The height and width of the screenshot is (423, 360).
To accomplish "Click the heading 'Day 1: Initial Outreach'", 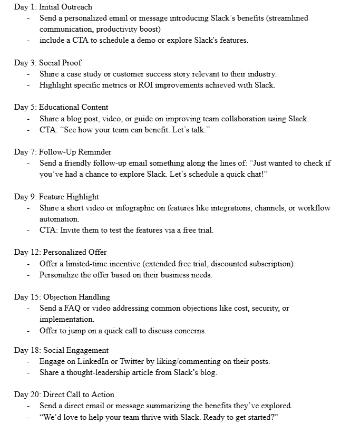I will click(53, 7).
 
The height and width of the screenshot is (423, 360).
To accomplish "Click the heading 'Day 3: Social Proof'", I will click(48, 63).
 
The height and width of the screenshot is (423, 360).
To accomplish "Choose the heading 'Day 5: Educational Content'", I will click(61, 108).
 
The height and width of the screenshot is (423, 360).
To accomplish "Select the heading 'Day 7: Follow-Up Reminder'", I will click(63, 152).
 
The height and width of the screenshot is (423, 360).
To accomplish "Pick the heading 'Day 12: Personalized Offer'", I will click(60, 252).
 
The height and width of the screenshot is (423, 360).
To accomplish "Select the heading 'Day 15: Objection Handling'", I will click(62, 297).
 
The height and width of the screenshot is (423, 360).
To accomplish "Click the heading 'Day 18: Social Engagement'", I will click(61, 350).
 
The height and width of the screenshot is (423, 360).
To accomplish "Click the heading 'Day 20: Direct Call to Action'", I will click(64, 395).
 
